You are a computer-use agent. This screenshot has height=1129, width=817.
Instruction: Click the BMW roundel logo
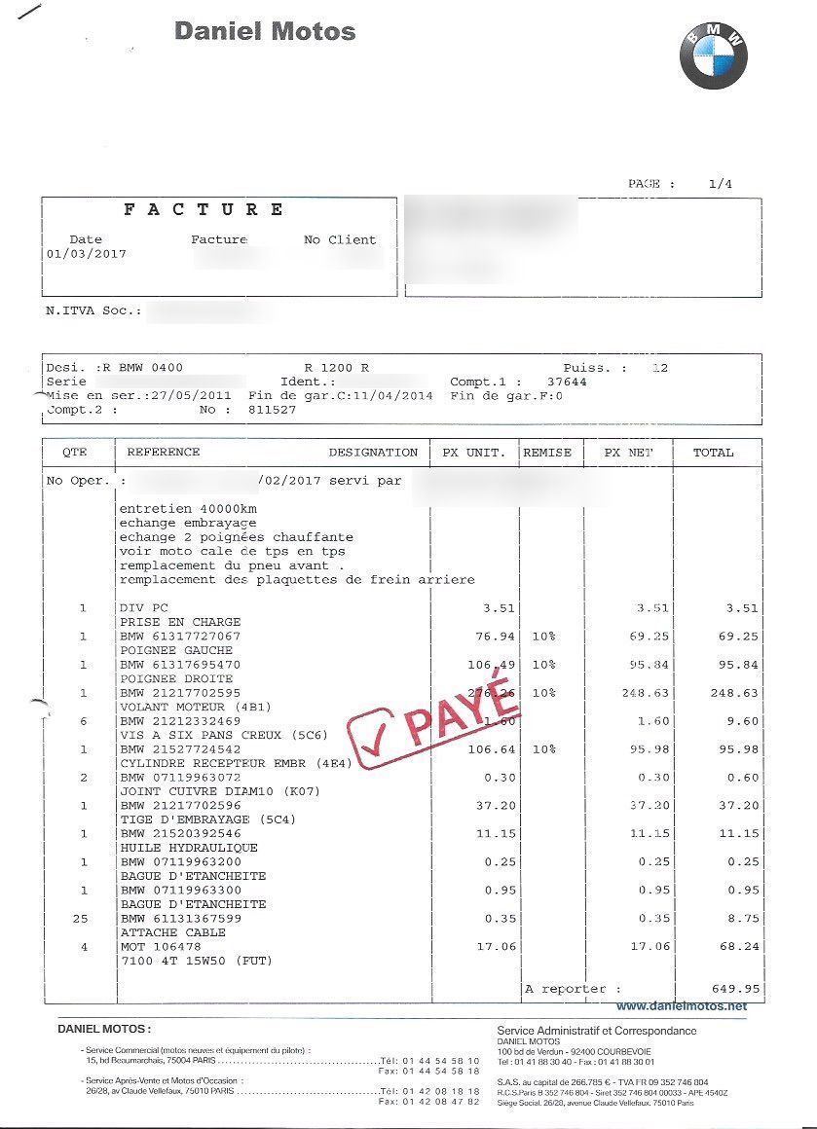tap(713, 55)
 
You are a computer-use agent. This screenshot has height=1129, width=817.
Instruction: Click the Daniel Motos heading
tap(265, 31)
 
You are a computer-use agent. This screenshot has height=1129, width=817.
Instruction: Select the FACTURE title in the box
tap(204, 209)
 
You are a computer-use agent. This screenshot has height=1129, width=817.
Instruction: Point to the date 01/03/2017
tap(86, 254)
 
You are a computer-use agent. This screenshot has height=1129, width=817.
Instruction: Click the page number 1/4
tap(720, 183)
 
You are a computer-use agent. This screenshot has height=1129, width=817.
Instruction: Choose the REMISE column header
tap(547, 453)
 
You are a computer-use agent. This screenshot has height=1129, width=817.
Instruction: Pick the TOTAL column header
tap(713, 453)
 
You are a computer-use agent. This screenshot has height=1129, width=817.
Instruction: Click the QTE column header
tap(75, 453)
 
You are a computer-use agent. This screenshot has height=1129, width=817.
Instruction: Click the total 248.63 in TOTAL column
tap(735, 693)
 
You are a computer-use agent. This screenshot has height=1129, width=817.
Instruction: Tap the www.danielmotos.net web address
tap(682, 1005)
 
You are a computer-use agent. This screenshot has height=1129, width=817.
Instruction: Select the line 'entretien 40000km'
tap(180, 509)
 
